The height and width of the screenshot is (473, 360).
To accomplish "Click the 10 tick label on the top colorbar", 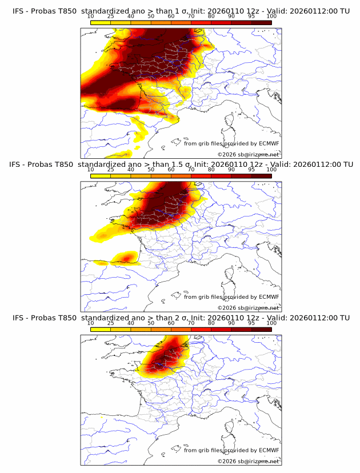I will (91, 16).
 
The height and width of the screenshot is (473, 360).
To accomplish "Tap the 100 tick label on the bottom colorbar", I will (271, 323).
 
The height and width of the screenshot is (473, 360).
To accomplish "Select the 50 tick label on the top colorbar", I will (151, 16).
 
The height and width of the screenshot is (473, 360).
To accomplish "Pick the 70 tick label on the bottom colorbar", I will (191, 323).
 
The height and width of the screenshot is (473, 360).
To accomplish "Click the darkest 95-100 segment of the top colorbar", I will (261, 22).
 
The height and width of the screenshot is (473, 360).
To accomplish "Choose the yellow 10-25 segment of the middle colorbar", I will (101, 175).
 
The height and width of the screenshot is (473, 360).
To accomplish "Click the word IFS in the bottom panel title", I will (18, 318).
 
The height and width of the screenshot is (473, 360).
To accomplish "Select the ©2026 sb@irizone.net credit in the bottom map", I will (248, 461).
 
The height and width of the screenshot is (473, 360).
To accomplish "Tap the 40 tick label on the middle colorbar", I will (131, 170).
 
